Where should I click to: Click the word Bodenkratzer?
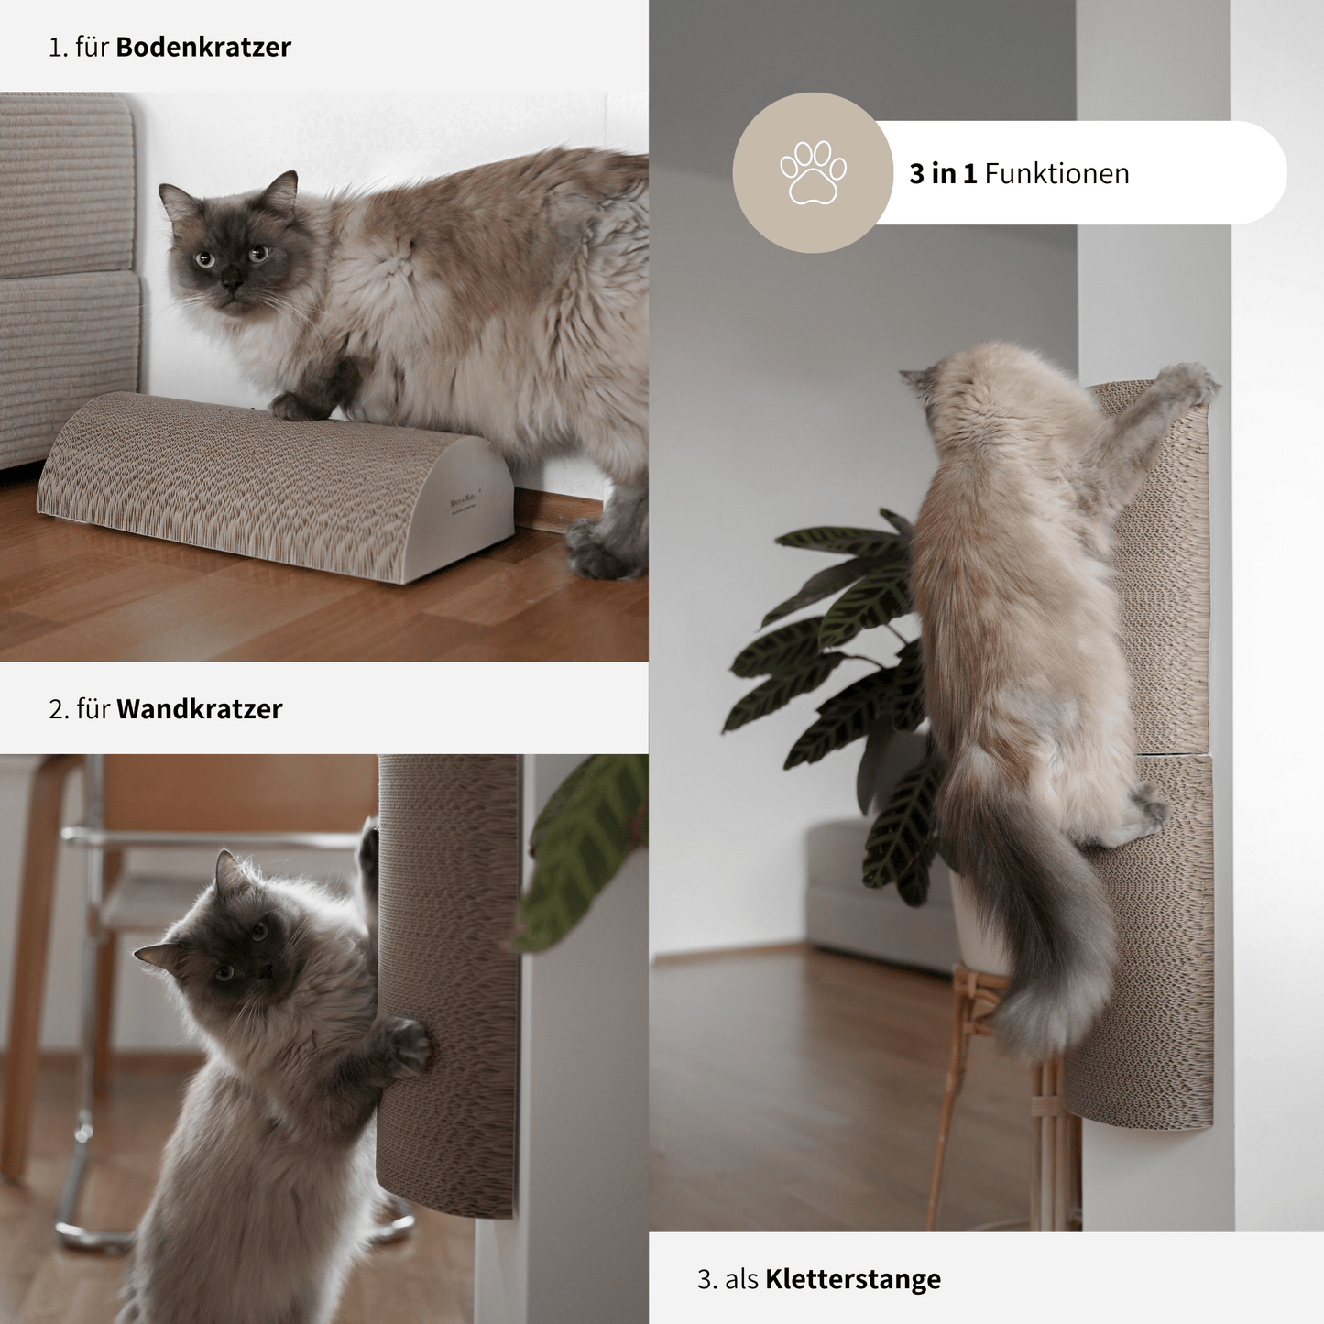pyautogui.click(x=202, y=48)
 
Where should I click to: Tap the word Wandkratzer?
pyautogui.click(x=199, y=709)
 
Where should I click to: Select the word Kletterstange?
pyautogui.click(x=852, y=1279)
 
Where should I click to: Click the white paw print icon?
pyautogui.click(x=813, y=172)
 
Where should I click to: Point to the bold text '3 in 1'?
pyautogui.click(x=942, y=174)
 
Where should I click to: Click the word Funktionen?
pyautogui.click(x=1056, y=174)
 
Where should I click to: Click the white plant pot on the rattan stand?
pyautogui.click(x=977, y=925)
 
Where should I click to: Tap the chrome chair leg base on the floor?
pyautogui.click(x=92, y=1237)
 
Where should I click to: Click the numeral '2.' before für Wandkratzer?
pyautogui.click(x=59, y=709)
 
